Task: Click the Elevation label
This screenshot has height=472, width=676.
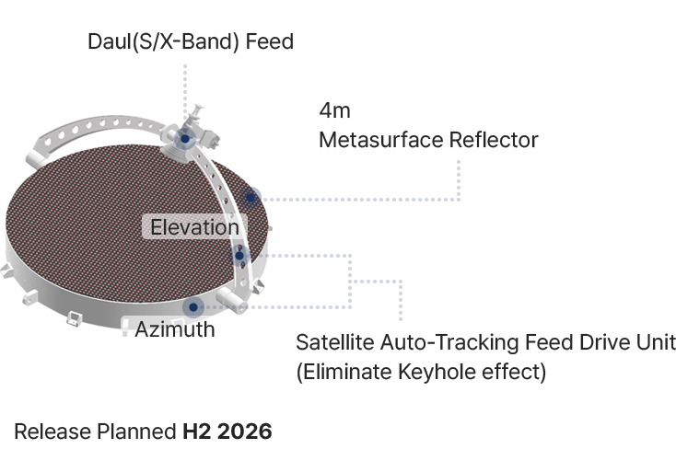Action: tap(194, 227)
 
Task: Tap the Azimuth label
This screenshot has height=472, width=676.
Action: tap(175, 328)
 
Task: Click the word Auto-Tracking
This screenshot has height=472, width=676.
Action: tap(444, 343)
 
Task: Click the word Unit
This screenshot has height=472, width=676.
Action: tap(656, 343)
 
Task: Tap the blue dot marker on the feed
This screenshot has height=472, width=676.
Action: tap(185, 139)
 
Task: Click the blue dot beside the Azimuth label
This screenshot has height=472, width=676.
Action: tap(193, 307)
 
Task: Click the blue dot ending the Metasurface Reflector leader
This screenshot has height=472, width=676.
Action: tap(252, 196)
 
